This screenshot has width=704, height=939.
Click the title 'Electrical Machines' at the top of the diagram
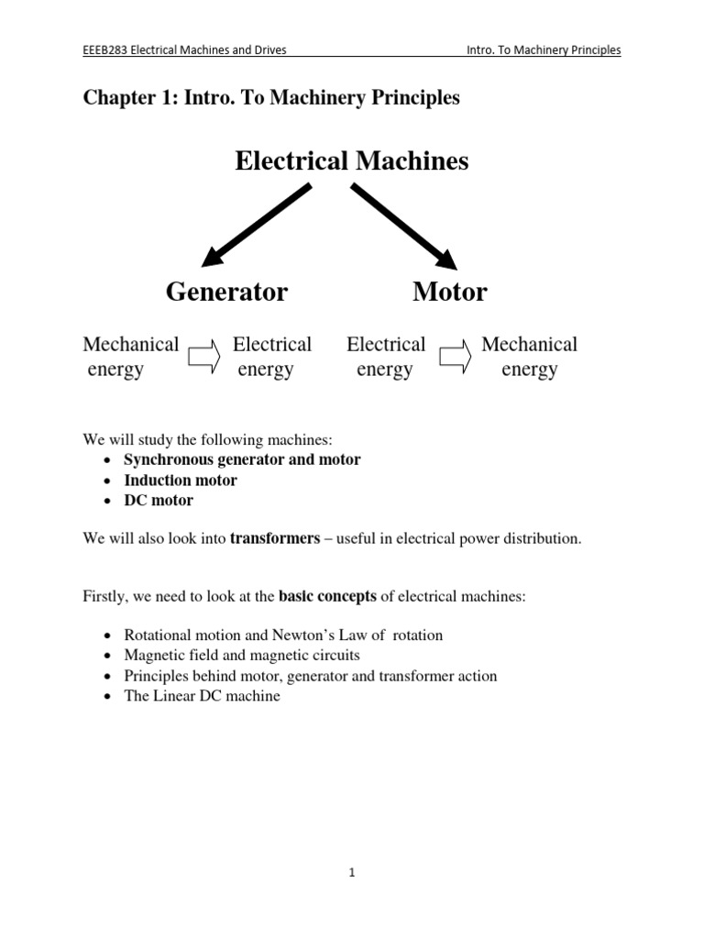coord(352,161)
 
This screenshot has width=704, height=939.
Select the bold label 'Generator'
coord(226,293)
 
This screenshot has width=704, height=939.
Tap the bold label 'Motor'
coord(450,293)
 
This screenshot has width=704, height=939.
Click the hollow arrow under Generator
coord(204,357)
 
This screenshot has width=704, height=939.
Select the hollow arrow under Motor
coord(455,357)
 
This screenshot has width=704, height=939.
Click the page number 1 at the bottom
coord(351,873)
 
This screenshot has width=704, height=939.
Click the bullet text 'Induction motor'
coord(181,481)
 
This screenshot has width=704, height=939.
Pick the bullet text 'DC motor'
coord(159,501)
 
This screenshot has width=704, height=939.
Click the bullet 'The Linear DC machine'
coord(202,696)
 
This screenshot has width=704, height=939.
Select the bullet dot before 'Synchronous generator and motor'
coord(109,460)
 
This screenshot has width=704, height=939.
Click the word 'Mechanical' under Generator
coord(131,345)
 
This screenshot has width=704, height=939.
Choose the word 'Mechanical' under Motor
coord(530,345)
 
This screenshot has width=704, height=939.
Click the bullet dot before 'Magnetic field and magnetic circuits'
coord(109,656)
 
